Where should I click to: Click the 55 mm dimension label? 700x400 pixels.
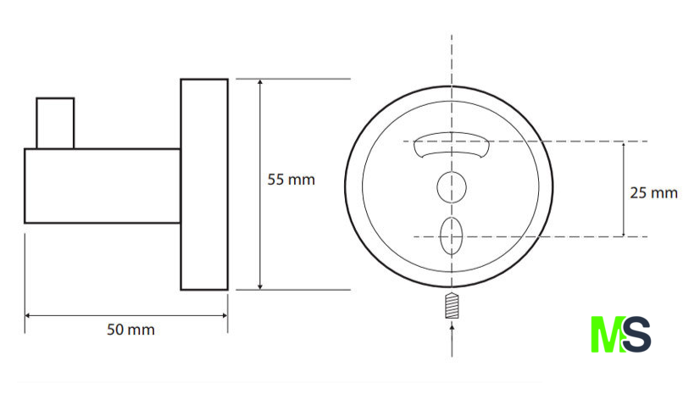[291, 180]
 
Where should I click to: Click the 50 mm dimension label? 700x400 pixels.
[131, 330]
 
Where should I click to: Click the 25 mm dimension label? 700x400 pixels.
[653, 193]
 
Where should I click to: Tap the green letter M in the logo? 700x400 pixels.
[607, 335]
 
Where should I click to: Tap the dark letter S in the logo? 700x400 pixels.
[637, 335]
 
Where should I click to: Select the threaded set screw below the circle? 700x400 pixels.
[452, 305]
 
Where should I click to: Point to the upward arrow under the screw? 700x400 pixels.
[452, 341]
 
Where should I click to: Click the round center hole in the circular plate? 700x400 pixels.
[452, 187]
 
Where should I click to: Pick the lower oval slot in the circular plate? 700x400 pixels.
[451, 236]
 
